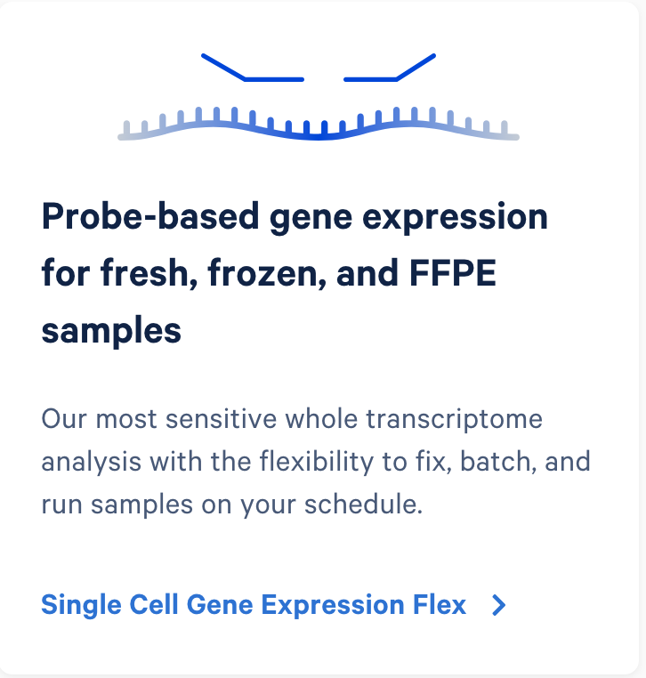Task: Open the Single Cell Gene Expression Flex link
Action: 254,605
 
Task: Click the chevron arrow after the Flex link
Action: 499,606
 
